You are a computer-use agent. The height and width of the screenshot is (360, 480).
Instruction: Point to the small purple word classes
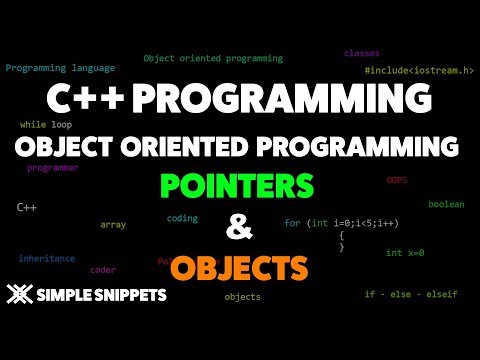[361, 53]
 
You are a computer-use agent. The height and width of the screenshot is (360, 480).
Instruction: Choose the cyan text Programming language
[60, 68]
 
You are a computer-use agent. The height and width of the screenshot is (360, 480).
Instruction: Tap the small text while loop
[46, 125]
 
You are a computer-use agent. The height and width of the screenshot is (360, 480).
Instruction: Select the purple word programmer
[53, 168]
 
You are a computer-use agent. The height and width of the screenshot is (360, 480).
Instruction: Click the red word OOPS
[396, 181]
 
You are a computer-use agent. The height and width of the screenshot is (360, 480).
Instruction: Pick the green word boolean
[446, 204]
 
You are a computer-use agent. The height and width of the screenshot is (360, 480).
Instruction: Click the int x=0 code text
[405, 253]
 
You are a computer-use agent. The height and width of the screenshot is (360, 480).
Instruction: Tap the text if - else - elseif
[411, 294]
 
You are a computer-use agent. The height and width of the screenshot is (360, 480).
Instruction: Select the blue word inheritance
[46, 258]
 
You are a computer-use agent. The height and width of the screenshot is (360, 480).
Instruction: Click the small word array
[113, 224]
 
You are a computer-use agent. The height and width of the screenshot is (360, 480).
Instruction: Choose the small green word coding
[182, 217]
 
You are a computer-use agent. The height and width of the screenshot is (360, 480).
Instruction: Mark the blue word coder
[103, 269]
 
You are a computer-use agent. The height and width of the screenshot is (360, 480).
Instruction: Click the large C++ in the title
[75, 101]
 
